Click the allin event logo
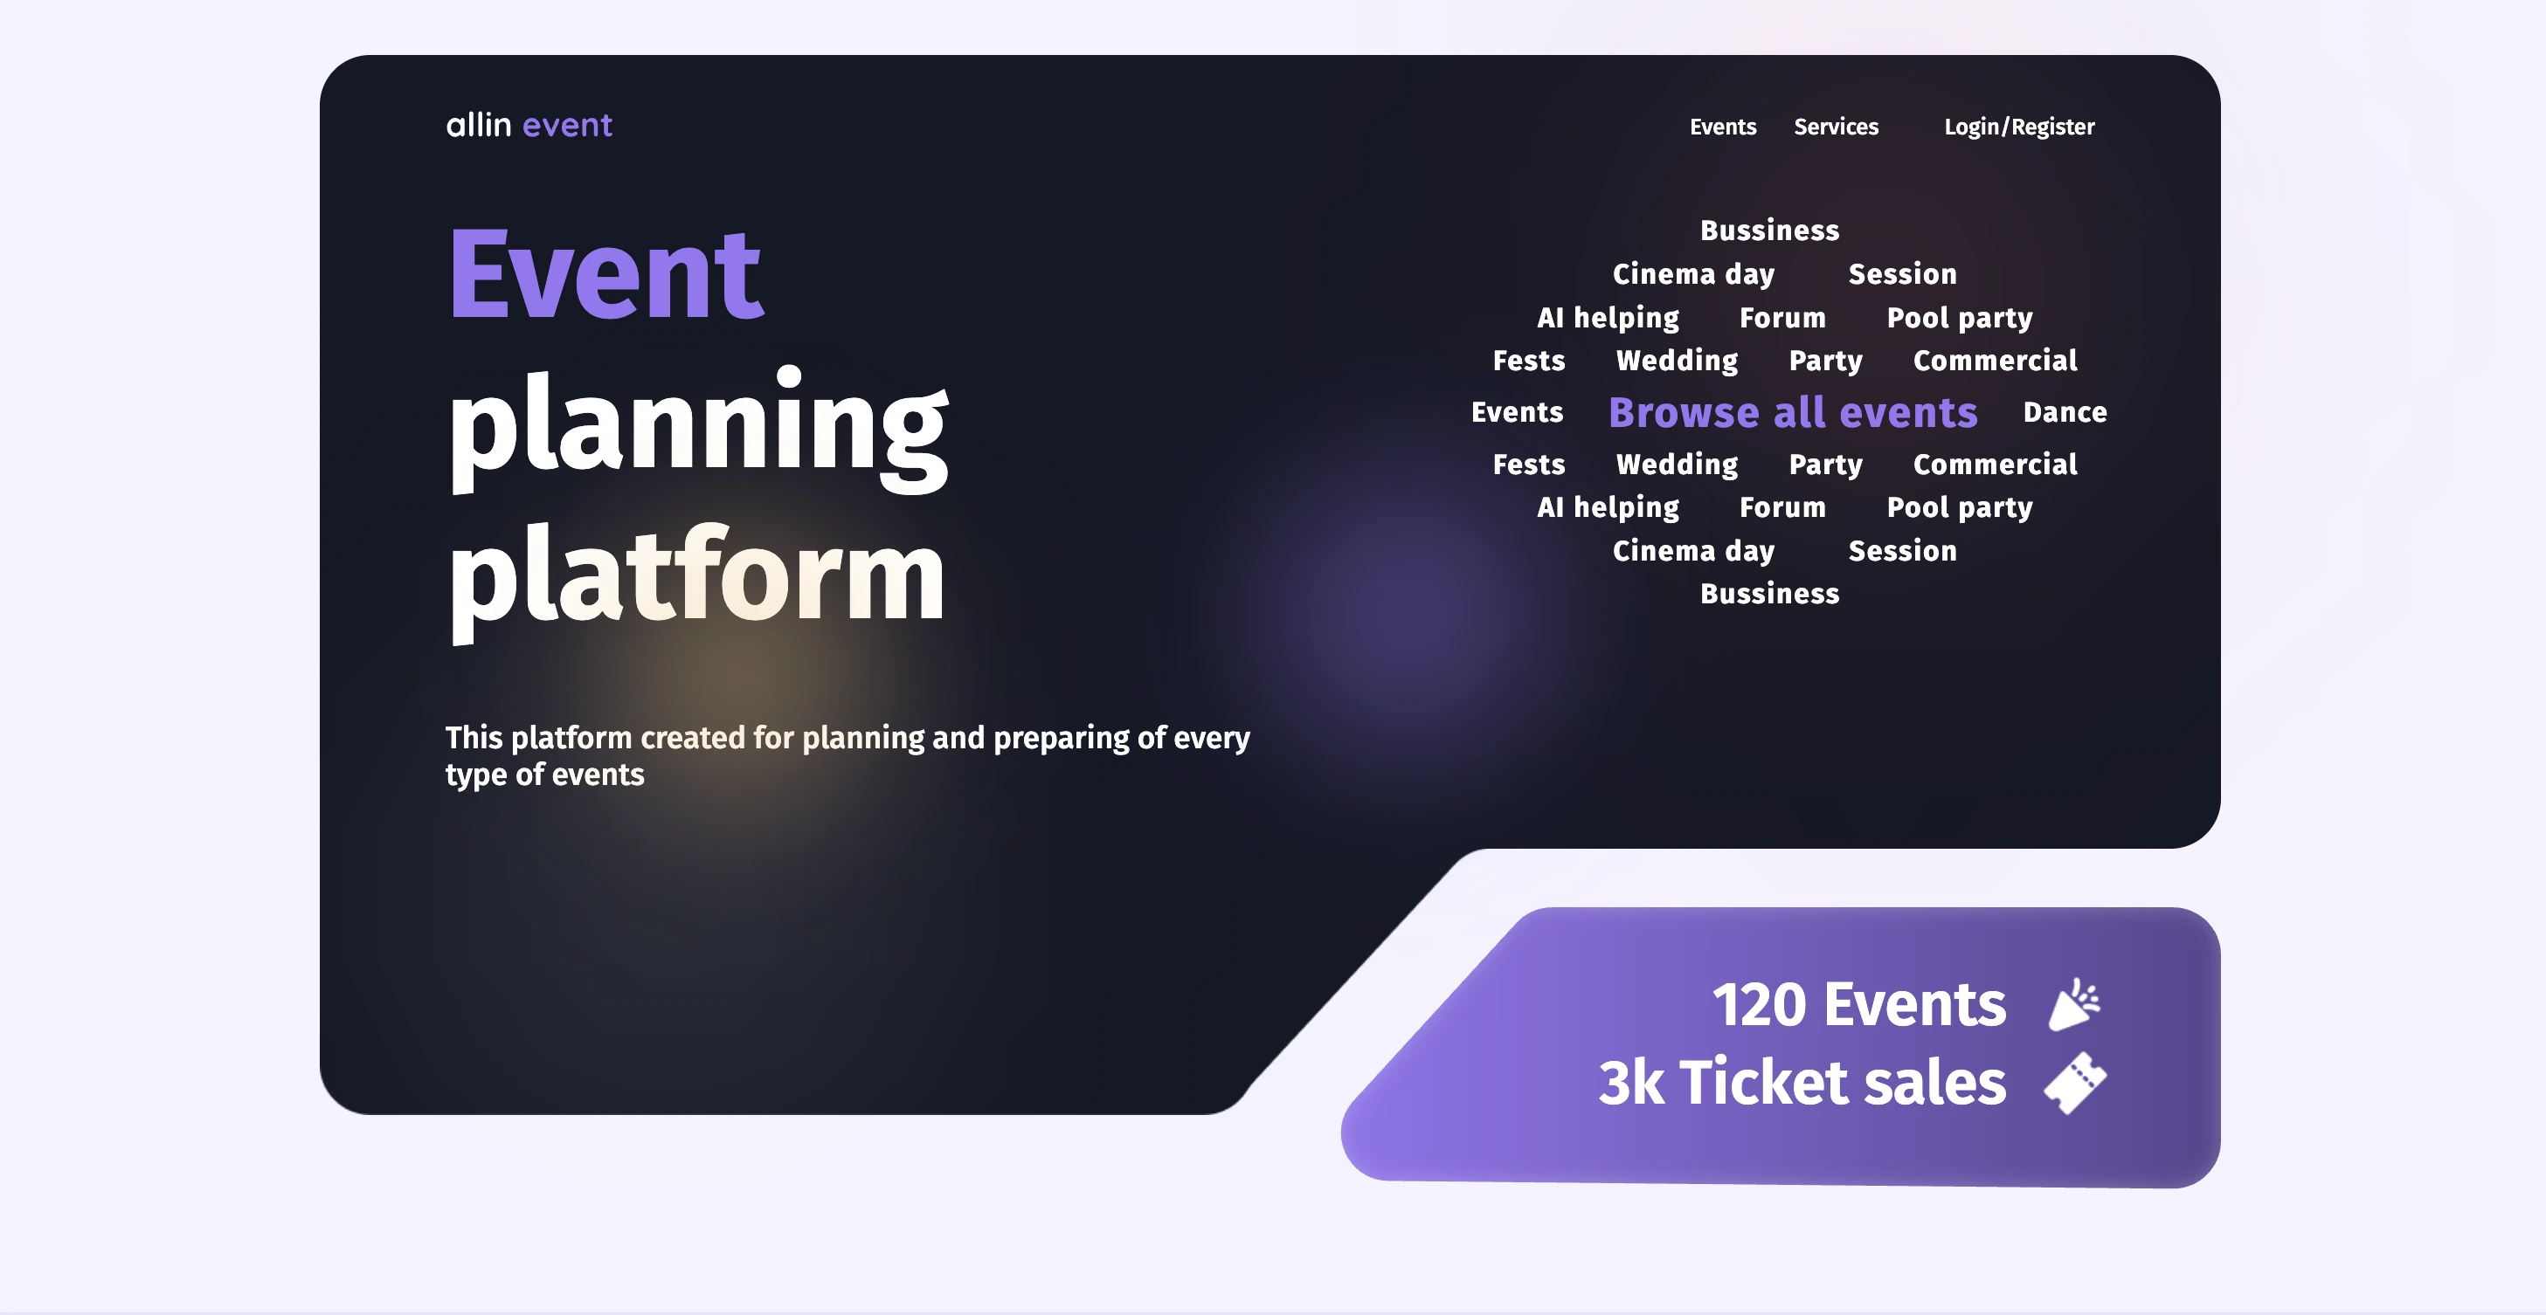529,126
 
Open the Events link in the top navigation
1722,127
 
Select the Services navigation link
1836,127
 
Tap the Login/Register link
2018,127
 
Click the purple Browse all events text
1792,412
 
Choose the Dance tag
2064,412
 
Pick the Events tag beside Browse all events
1516,412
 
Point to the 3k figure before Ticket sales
1630,1082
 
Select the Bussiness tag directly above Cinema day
1769,231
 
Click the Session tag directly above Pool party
1901,273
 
